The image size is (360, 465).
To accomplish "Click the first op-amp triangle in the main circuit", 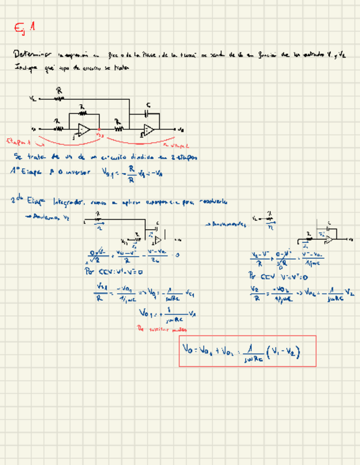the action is click(83, 129).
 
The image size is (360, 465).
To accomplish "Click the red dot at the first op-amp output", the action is click(98, 130).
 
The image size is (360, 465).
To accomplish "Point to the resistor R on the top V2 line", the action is click(59, 99).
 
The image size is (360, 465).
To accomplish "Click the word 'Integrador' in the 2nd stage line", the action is click(66, 202).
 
